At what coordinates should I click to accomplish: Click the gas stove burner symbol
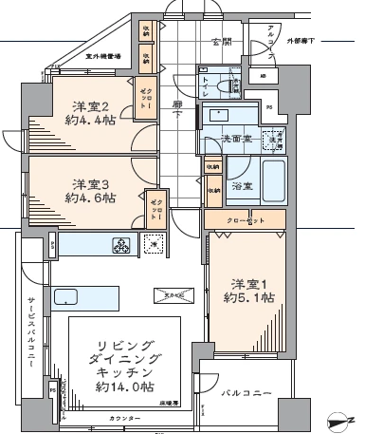click(x=122, y=247)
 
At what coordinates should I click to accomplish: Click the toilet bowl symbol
click(x=227, y=86)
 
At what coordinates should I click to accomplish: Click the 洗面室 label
click(x=235, y=140)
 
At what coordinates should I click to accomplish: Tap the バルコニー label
click(x=247, y=391)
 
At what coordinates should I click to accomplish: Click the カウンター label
click(x=124, y=419)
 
